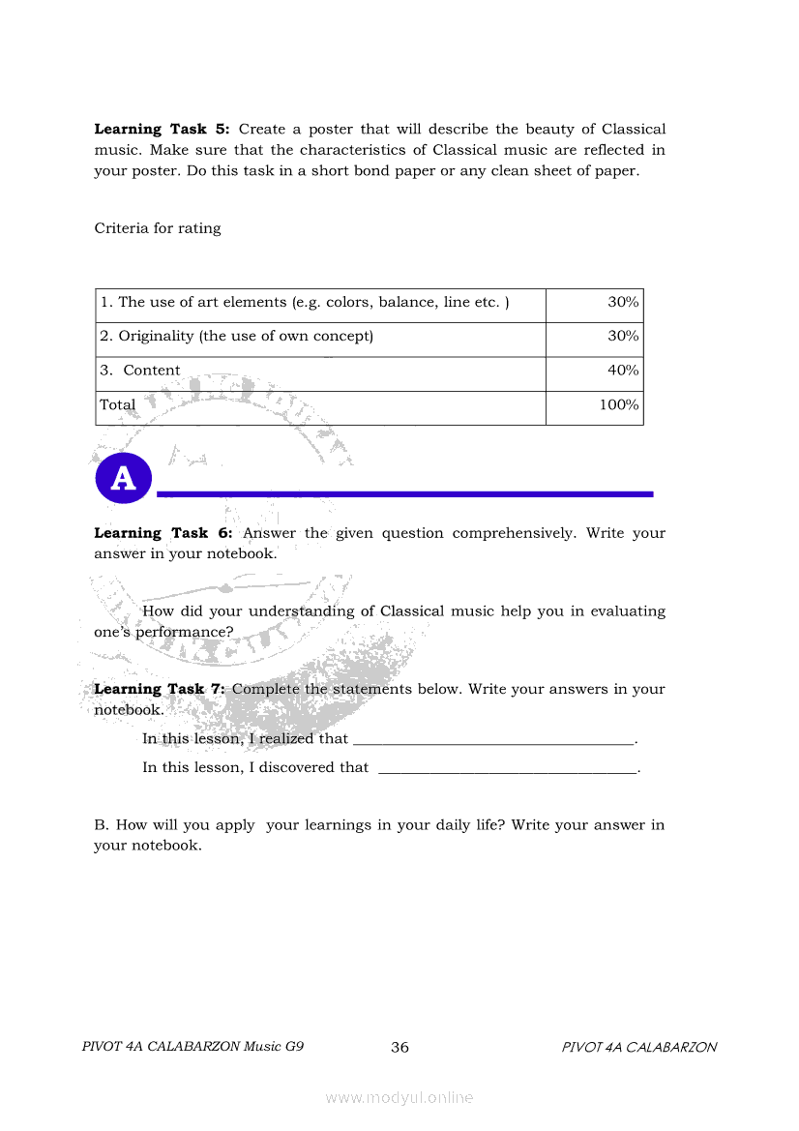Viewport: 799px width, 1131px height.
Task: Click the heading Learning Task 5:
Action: pyautogui.click(x=162, y=129)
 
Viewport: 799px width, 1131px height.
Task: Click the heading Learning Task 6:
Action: pyautogui.click(x=163, y=533)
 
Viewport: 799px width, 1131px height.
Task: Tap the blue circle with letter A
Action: pyautogui.click(x=124, y=478)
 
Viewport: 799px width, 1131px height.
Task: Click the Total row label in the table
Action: pyautogui.click(x=118, y=405)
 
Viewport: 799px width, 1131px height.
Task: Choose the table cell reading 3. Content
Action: pyautogui.click(x=141, y=371)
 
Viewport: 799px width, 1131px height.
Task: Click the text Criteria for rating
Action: pyautogui.click(x=158, y=228)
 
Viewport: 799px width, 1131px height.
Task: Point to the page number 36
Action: pyautogui.click(x=399, y=1048)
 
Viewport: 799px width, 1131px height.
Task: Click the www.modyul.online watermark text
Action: pyautogui.click(x=399, y=1098)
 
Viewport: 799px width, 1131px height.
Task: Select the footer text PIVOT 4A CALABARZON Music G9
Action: pyautogui.click(x=193, y=1047)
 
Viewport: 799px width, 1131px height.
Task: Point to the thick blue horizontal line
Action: pyautogui.click(x=404, y=494)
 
